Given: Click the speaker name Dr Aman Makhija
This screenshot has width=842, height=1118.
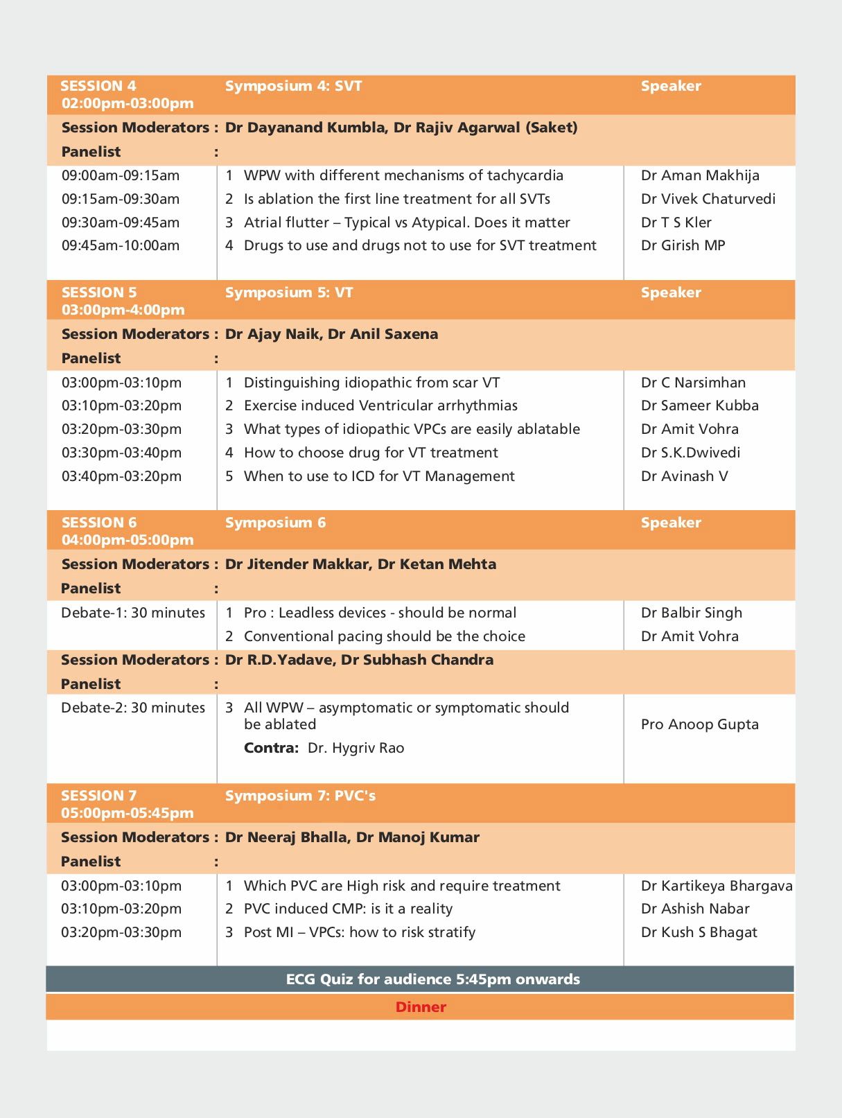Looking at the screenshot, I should click(700, 175).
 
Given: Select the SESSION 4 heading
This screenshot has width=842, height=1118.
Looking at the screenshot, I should click(98, 86).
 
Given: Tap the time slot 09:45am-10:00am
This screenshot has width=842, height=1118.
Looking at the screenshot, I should click(121, 245).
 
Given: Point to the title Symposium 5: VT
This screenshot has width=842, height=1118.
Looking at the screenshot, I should click(289, 292).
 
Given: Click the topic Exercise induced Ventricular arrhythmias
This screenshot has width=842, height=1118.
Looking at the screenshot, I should click(380, 405).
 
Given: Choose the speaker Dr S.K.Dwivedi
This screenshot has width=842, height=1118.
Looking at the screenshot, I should click(690, 453).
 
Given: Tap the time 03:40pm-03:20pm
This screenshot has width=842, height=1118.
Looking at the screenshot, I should click(121, 476).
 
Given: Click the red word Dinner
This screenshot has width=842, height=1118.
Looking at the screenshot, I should click(421, 1007).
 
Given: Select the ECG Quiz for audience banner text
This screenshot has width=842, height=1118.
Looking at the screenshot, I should click(433, 979).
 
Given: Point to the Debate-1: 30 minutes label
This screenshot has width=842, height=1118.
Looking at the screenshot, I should click(133, 613).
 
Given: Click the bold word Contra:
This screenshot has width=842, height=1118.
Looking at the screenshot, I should click(271, 748).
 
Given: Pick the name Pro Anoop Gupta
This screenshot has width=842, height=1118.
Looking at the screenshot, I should click(699, 724).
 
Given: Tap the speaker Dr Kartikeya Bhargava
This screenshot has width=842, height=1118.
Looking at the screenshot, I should click(717, 886).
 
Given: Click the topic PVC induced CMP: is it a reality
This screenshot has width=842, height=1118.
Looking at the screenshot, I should click(348, 909).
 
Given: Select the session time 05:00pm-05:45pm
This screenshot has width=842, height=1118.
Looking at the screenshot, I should click(128, 812).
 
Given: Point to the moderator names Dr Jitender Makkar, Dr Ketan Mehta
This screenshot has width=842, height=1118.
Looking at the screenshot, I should click(360, 564).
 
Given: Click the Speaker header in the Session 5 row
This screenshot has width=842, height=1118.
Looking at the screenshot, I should click(671, 292).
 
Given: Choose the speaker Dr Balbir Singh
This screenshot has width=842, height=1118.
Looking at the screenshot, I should click(692, 613).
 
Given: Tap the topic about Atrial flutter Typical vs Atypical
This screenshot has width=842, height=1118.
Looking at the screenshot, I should click(407, 222).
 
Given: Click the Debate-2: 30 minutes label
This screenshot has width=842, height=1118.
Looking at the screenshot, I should click(133, 708).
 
